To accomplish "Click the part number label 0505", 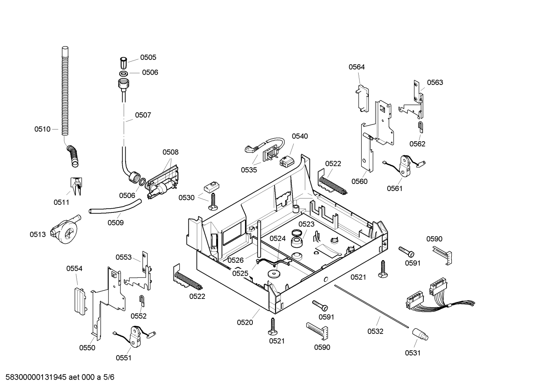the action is [148, 57].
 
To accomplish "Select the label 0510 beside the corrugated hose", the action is [42, 129].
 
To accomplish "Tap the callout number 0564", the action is [357, 67].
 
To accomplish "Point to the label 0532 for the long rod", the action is [375, 331].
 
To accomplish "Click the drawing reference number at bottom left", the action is [60, 377].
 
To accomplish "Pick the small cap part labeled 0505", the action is [123, 63].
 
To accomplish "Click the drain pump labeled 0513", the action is [65, 229].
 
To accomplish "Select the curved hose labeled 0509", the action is [115, 207].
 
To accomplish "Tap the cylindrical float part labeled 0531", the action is [420, 334].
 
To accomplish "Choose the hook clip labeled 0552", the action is [142, 301].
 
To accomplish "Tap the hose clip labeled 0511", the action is [76, 186].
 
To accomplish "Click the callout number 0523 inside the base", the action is [306, 224].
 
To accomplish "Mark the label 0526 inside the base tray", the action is [236, 260].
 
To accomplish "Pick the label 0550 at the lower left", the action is [87, 348].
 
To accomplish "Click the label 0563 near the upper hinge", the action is [435, 82].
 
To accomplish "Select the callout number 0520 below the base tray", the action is [245, 323].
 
